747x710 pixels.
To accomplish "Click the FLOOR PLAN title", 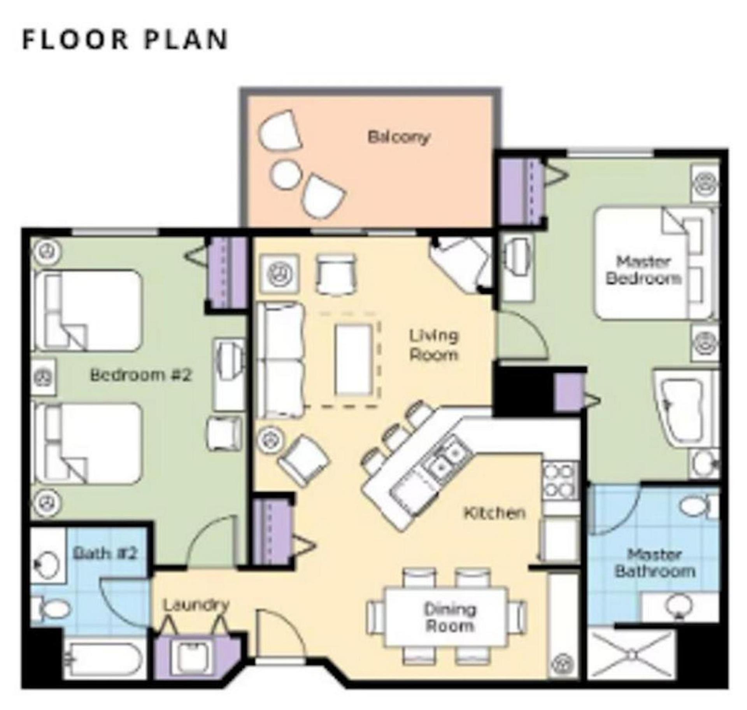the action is [125, 39].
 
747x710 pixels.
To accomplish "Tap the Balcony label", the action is [399, 137].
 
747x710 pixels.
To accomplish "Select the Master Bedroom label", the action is [643, 270].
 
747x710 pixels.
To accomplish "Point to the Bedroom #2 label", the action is [141, 375].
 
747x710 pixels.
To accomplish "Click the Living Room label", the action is [434, 345].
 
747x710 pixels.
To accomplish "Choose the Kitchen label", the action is [494, 513].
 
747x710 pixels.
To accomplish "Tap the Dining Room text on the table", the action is [450, 617].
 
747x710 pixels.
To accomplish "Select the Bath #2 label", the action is [105, 553].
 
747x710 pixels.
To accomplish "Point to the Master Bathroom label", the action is [654, 563].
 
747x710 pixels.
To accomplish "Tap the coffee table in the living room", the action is [353, 360].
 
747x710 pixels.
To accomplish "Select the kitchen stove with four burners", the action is [560, 481].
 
